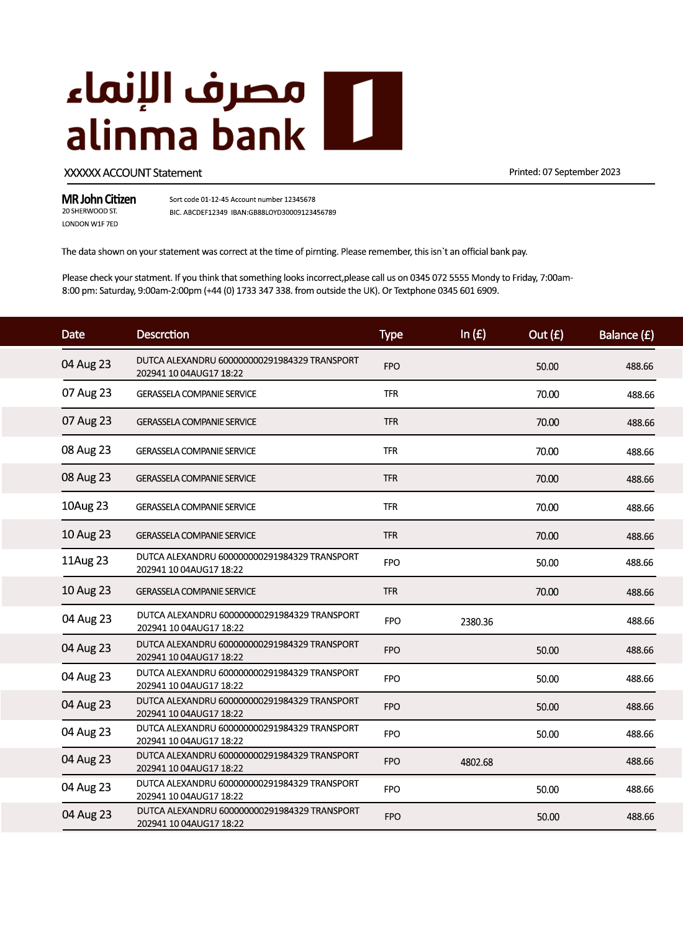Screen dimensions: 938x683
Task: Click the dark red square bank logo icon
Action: (x=363, y=111)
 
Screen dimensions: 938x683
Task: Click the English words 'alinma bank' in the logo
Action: (x=186, y=135)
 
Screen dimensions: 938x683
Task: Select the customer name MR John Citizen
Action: (x=99, y=199)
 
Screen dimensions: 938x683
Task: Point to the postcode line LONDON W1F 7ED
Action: (x=90, y=224)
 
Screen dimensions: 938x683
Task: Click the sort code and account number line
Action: (x=242, y=199)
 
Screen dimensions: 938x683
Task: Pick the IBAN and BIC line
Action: (x=253, y=212)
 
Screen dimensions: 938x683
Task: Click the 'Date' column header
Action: (x=73, y=334)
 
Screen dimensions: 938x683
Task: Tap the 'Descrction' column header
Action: (x=163, y=334)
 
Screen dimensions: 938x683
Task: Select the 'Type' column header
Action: (x=391, y=334)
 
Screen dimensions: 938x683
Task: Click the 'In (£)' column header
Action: (x=473, y=334)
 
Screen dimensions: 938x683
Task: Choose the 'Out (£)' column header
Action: (x=546, y=335)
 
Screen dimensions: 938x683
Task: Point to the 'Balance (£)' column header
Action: (x=626, y=335)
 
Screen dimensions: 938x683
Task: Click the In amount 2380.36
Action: (x=477, y=622)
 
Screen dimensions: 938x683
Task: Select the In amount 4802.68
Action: (x=477, y=762)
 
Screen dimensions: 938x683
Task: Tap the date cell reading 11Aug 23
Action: (x=85, y=561)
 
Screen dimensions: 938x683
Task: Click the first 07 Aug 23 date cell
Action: (x=87, y=393)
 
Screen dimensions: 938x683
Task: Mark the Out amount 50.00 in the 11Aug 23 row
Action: (x=548, y=563)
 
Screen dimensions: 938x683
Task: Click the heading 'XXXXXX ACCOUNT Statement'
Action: (x=133, y=173)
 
